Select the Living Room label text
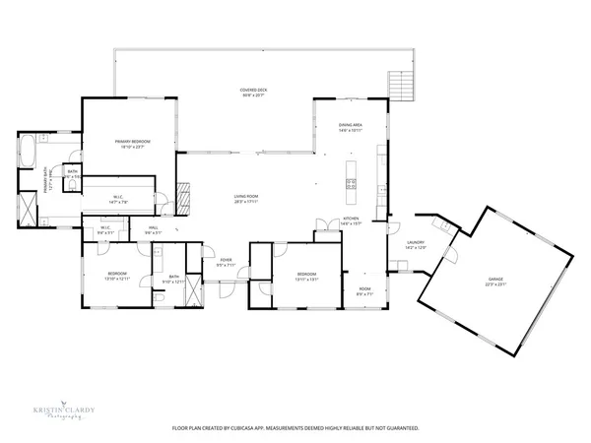246,197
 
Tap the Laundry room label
416,242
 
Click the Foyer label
226,260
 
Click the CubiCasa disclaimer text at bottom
295,428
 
